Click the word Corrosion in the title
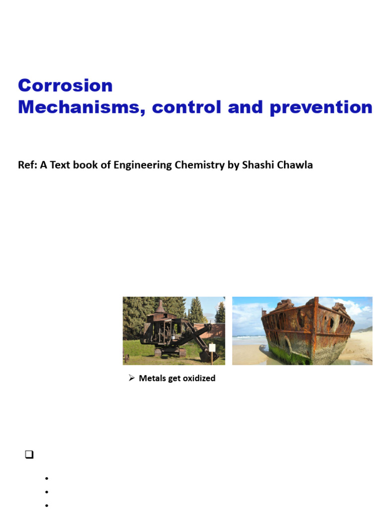point(65,85)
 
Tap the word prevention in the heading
point(321,107)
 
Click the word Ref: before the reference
point(27,165)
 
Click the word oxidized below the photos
point(199,378)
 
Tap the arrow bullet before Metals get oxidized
point(132,378)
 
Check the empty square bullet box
point(28,454)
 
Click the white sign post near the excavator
point(212,347)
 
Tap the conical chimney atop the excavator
point(160,307)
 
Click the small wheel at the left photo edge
point(127,357)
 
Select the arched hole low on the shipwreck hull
point(287,343)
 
